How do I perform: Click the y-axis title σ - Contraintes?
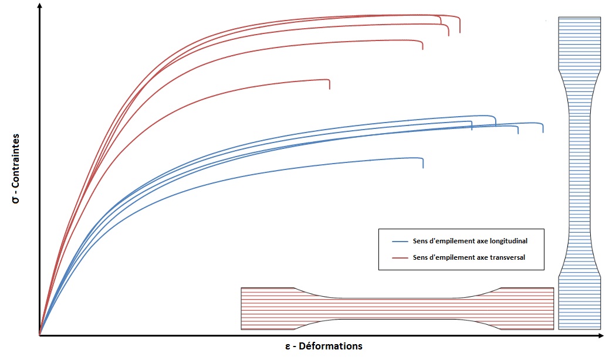click(x=16, y=169)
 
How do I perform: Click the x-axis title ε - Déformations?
click(x=323, y=346)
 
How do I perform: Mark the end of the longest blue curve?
click(x=543, y=129)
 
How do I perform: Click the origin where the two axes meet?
click(x=39, y=336)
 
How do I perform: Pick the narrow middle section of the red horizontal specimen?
click(x=398, y=308)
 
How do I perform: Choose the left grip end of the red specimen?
click(x=267, y=308)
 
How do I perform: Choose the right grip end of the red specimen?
click(x=527, y=308)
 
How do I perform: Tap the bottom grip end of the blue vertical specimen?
click(x=579, y=303)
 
